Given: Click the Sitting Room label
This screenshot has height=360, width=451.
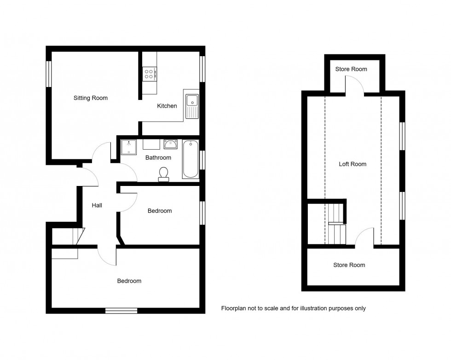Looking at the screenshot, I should [91, 98].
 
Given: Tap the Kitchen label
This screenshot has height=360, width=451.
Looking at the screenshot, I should [167, 106].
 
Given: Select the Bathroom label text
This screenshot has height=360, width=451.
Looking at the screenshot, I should [158, 158].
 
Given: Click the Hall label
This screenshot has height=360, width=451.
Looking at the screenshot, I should [97, 206].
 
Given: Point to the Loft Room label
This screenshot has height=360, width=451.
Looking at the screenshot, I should [353, 164].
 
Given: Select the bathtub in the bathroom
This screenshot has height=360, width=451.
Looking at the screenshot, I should [191, 159].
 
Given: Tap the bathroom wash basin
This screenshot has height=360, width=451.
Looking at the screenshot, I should [171, 145].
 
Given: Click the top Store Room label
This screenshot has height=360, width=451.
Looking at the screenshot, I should [351, 69].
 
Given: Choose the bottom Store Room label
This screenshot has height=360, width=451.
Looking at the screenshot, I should [349, 265].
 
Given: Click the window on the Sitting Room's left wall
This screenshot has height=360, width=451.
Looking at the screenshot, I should [48, 74].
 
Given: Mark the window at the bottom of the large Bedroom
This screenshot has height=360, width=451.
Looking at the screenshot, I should [121, 311].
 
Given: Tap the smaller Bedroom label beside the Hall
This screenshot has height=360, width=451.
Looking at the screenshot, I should [160, 211].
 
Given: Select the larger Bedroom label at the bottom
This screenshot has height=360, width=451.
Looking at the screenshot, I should [129, 281].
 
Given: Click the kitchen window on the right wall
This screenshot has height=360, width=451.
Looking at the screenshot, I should [202, 69].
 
